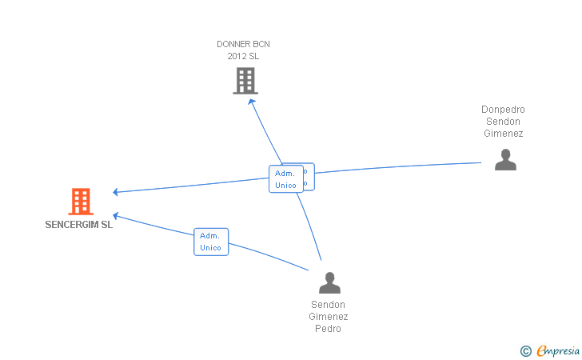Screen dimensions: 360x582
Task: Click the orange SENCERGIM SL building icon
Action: coord(80,202)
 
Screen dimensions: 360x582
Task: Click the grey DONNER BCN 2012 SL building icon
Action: coord(245,81)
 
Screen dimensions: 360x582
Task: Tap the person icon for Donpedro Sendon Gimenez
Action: coord(504,160)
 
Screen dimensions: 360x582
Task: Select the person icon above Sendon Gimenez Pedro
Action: coord(329,282)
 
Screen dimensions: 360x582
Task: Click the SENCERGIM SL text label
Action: coord(79,225)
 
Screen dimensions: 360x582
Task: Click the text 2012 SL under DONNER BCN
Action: coord(244,56)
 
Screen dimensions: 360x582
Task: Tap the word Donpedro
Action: coord(503,110)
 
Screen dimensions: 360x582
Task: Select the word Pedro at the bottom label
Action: coord(328,329)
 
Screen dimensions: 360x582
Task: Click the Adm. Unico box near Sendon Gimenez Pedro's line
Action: coord(211,242)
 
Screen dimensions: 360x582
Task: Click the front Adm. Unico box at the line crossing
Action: coord(285,179)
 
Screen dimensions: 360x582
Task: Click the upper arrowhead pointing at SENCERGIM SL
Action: coord(116,192)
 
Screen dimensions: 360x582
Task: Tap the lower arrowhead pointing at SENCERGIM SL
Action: coord(116,215)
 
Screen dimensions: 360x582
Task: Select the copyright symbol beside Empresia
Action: coord(525,350)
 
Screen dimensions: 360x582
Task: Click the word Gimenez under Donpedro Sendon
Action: coord(503,134)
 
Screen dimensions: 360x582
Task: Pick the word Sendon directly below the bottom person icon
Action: coord(328,305)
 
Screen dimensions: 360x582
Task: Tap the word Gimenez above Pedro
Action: coord(328,317)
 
